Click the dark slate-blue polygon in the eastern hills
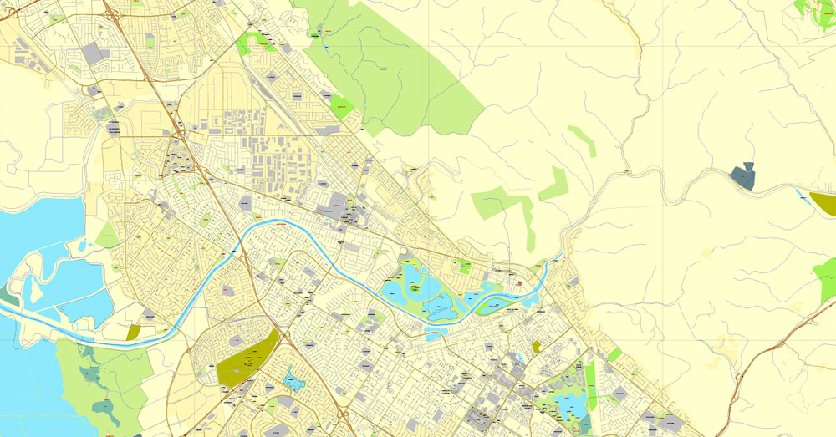tap(742, 176)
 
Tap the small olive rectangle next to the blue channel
tap(134, 332)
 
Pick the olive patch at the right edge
tap(823, 203)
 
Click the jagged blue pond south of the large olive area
tap(293, 381)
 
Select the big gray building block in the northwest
tap(92, 54)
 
